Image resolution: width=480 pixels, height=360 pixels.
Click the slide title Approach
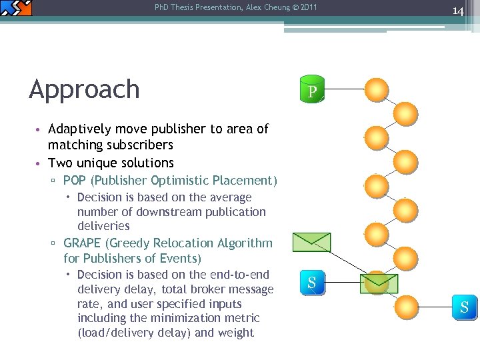(84, 89)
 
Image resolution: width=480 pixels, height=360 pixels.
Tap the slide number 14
(458, 10)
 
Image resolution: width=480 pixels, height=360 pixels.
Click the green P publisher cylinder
(312, 90)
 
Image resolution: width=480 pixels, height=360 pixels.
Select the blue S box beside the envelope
(311, 283)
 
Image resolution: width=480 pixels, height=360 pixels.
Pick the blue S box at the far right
(464, 307)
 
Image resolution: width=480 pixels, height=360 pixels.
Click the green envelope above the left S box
(312, 241)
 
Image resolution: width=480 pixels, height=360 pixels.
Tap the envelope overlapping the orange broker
(378, 283)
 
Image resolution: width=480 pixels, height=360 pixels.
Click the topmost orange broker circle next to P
(377, 90)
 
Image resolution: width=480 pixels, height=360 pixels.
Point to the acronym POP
(75, 181)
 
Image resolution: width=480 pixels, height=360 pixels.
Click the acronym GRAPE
(83, 243)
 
